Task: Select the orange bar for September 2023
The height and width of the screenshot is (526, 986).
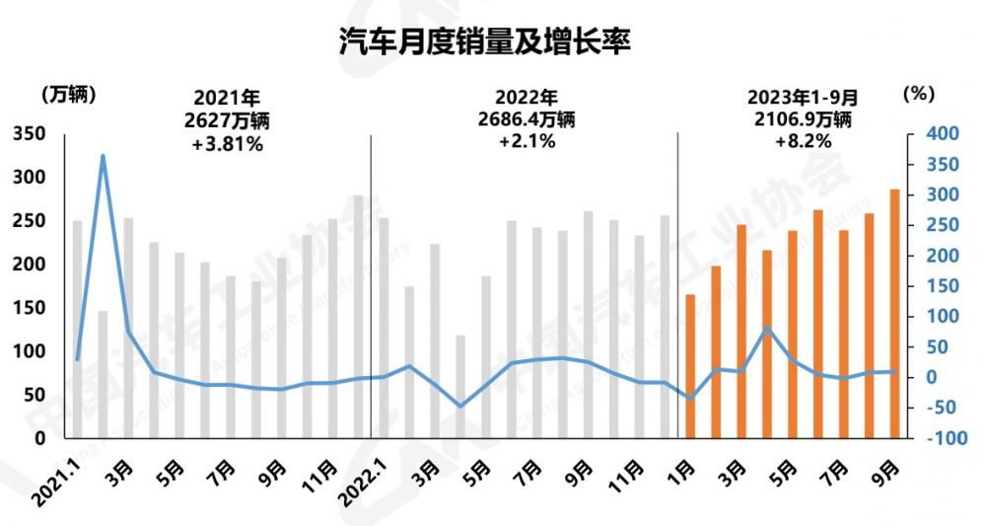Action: click(893, 314)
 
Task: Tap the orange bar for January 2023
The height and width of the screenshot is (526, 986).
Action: click(690, 366)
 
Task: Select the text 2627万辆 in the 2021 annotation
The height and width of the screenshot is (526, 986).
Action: click(227, 120)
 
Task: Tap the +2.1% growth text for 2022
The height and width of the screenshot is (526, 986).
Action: click(528, 141)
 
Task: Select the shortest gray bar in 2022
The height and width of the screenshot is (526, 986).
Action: click(460, 387)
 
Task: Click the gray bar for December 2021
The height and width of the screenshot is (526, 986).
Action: click(358, 317)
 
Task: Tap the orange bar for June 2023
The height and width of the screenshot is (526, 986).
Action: click(817, 324)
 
